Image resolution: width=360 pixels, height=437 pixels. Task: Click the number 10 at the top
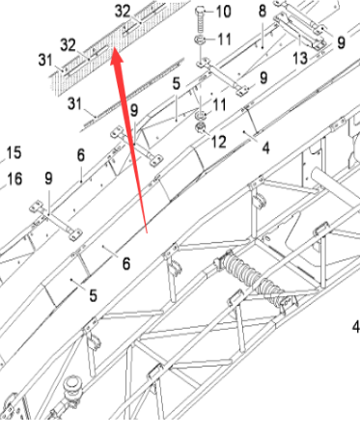tap(223, 13)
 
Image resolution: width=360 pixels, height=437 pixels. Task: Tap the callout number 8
tap(261, 11)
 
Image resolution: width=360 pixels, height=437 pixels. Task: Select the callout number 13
tap(299, 59)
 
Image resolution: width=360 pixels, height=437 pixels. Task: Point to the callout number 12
tap(219, 142)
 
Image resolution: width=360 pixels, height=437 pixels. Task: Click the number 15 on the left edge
tap(14, 152)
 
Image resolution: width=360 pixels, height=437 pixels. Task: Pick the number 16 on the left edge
tap(14, 178)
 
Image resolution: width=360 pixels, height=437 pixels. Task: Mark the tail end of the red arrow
tap(144, 232)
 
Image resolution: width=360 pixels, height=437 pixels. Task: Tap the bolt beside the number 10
tap(199, 16)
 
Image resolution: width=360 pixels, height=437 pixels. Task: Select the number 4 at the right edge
tap(354, 327)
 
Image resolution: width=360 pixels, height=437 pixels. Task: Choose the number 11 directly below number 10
tap(223, 40)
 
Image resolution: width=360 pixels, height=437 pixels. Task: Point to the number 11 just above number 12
tap(219, 104)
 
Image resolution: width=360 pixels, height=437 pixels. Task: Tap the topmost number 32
tap(123, 10)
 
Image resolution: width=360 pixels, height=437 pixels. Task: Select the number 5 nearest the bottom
tap(94, 294)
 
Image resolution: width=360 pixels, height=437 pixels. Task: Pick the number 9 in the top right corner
tap(340, 42)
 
